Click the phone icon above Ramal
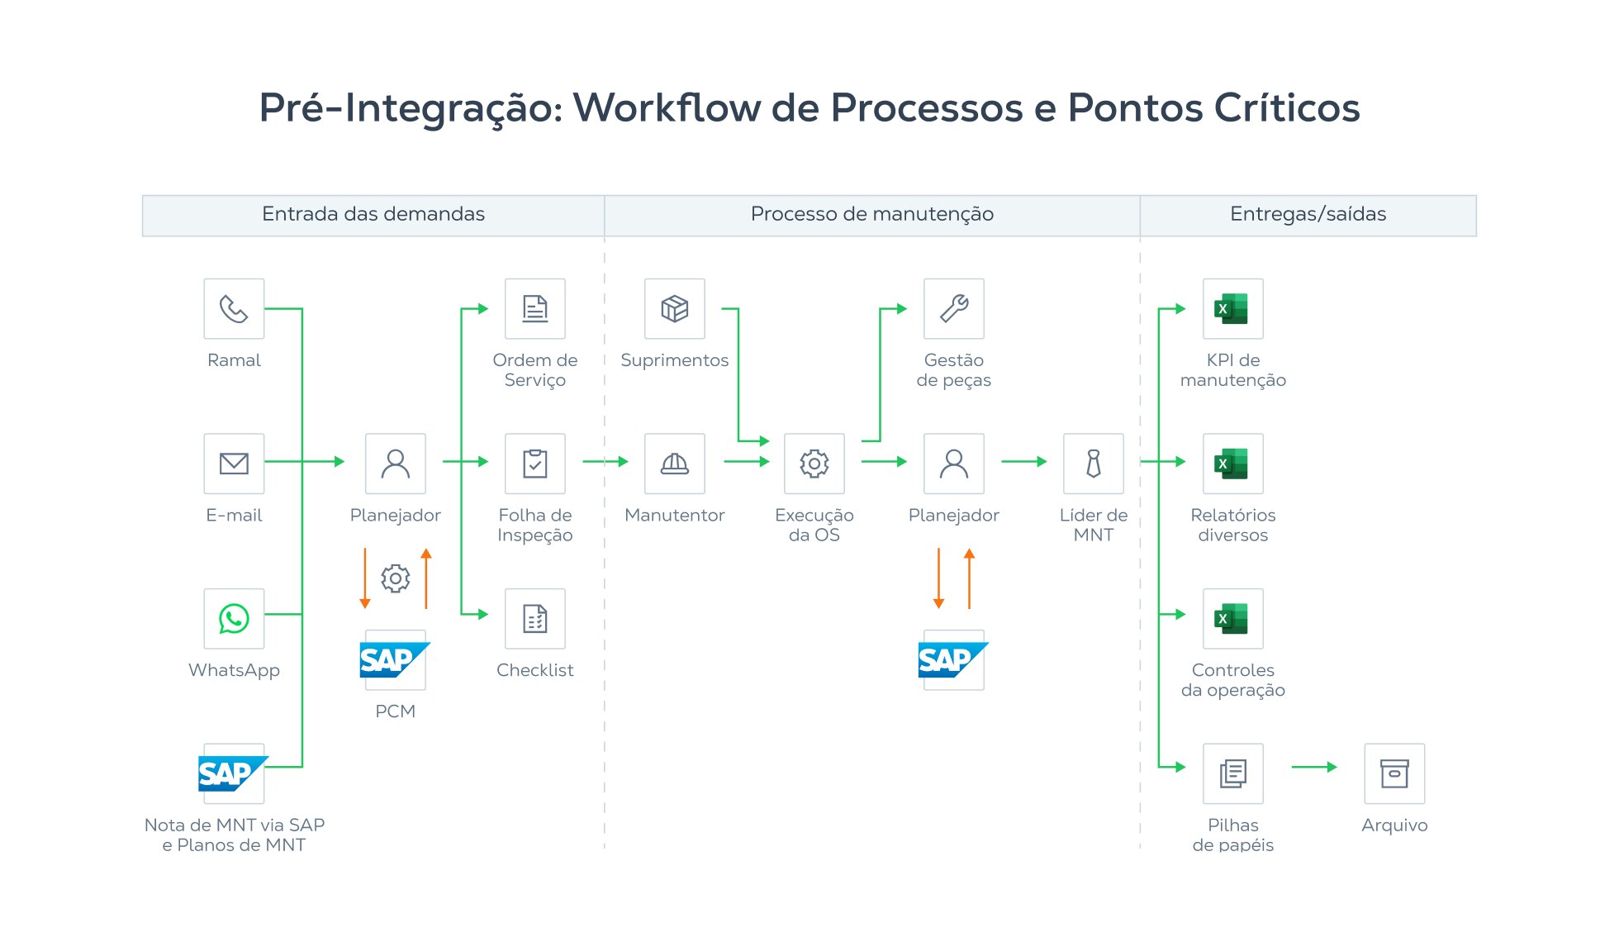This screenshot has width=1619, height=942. (234, 309)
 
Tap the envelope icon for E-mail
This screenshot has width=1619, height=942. (234, 464)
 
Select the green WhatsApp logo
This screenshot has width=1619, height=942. (234, 618)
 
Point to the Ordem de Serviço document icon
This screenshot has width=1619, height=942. (535, 309)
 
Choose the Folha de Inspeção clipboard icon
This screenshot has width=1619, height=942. (535, 464)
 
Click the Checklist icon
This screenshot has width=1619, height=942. (535, 618)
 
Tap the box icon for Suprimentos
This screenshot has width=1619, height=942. (675, 309)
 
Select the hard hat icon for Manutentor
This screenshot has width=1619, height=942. (675, 464)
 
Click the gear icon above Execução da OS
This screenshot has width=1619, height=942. (814, 464)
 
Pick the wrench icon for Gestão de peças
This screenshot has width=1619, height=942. (954, 309)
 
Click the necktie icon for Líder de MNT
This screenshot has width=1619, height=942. (1094, 464)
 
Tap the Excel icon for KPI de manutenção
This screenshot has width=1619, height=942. (1232, 309)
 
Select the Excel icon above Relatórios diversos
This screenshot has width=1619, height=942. (1232, 464)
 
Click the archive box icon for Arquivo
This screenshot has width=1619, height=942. (1394, 773)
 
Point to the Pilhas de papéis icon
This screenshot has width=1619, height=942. (1232, 773)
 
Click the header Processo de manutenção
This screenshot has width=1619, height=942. (871, 215)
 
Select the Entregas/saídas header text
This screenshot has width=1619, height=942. (1308, 215)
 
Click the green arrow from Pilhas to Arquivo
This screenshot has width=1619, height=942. (1313, 767)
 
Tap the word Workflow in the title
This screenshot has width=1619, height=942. (667, 108)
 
